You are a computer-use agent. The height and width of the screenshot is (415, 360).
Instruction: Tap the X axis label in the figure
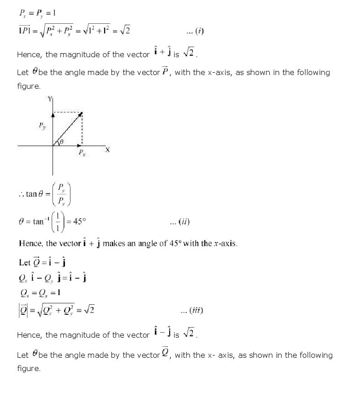click(107, 149)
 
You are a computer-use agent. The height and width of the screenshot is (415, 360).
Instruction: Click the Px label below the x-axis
click(82, 153)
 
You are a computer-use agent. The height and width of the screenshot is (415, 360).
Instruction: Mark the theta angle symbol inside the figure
click(61, 142)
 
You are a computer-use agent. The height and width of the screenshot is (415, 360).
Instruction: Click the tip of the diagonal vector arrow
click(81, 113)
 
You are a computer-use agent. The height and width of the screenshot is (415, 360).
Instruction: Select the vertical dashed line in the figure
click(82, 129)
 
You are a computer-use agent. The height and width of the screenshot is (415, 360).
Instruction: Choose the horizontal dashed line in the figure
click(67, 112)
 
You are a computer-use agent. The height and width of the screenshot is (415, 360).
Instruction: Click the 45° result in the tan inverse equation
click(80, 222)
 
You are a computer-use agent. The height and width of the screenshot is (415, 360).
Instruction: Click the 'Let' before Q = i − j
click(24, 263)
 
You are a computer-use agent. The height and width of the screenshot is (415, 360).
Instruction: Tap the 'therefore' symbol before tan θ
click(21, 194)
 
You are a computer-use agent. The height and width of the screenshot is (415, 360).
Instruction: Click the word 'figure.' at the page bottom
click(29, 368)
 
